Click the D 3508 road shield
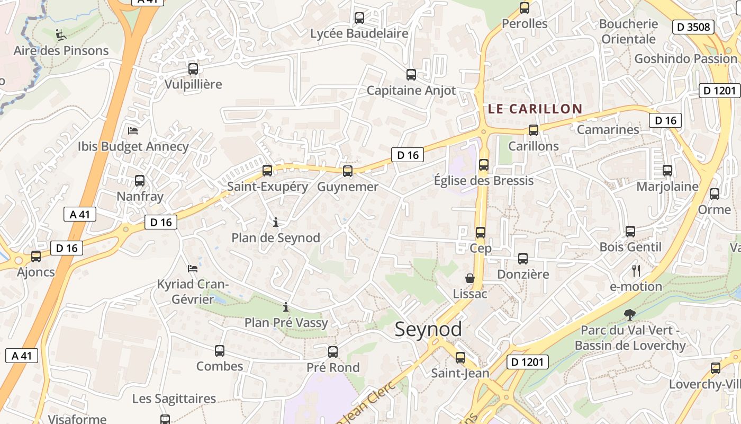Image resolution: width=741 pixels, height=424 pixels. [x=693, y=27]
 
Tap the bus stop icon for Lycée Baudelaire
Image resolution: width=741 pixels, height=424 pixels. [x=359, y=18]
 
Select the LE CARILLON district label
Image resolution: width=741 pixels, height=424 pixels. [x=535, y=109]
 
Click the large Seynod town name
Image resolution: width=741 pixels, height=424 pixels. [x=428, y=329]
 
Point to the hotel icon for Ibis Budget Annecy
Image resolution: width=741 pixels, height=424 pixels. [x=133, y=130]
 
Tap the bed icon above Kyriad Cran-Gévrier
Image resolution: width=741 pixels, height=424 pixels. [x=193, y=269]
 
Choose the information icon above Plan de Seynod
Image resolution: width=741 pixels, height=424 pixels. [x=275, y=222]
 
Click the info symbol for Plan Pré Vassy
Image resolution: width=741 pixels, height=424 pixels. [x=286, y=307]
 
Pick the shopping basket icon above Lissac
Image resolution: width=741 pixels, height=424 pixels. [x=469, y=278]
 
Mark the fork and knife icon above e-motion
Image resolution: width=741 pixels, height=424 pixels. [x=636, y=271]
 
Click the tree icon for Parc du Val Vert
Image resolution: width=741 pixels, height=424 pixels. [x=630, y=315]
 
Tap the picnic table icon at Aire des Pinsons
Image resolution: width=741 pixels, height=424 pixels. [x=61, y=35]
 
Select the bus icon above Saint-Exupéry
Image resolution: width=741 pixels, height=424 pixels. [x=267, y=171]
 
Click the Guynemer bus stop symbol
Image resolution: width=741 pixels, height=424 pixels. [x=348, y=171]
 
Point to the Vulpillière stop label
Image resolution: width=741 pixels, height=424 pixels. [x=193, y=84]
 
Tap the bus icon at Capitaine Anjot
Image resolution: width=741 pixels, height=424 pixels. [x=411, y=75]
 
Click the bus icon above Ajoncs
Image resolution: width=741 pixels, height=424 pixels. [x=36, y=257]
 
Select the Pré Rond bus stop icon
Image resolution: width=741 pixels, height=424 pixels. [x=333, y=352]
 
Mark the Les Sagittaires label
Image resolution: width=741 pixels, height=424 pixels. [x=174, y=399]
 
